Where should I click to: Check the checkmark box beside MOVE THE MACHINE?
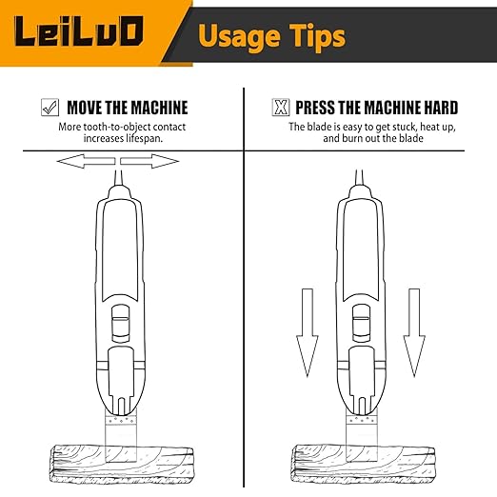[50, 108]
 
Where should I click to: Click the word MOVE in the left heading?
[88, 108]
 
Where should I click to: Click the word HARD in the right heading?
[436, 108]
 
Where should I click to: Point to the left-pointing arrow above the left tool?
[84, 162]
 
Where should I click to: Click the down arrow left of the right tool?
[306, 328]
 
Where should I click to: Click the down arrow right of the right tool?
[412, 328]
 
